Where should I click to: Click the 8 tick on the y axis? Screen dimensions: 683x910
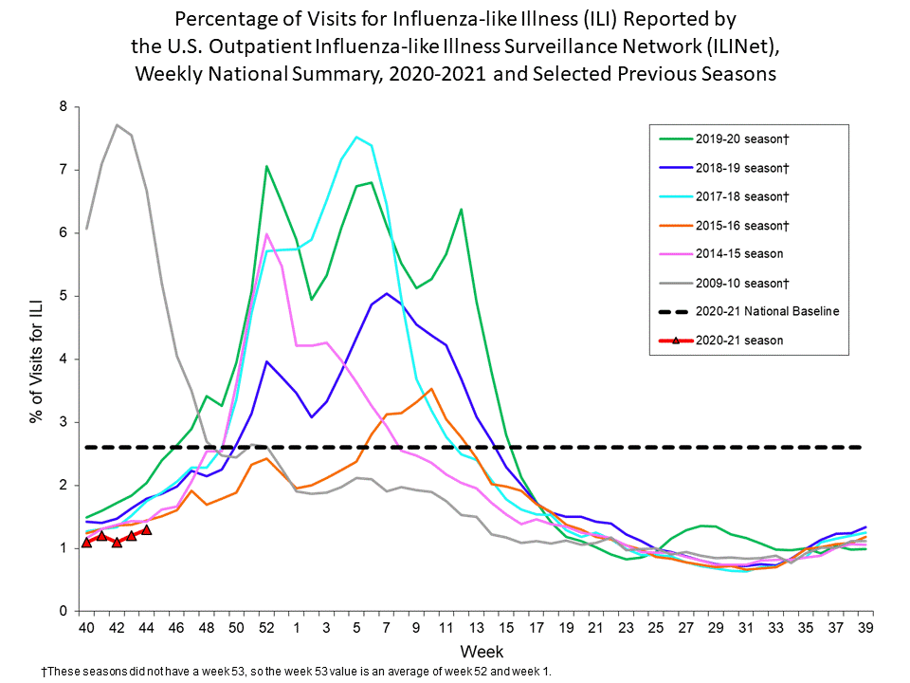pyautogui.click(x=64, y=106)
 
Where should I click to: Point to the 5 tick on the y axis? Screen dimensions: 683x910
pyautogui.click(x=64, y=296)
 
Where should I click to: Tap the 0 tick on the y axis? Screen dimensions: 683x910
pyautogui.click(x=64, y=611)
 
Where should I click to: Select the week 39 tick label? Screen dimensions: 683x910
pyautogui.click(x=865, y=628)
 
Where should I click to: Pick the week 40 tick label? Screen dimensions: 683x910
pyautogui.click(x=86, y=628)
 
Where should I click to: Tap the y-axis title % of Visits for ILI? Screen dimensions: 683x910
pyautogui.click(x=38, y=359)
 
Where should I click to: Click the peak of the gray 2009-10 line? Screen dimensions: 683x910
pyautogui.click(x=117, y=125)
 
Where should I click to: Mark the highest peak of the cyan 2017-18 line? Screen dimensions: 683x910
pyautogui.click(x=356, y=137)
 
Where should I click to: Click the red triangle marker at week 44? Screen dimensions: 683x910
pyautogui.click(x=146, y=529)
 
